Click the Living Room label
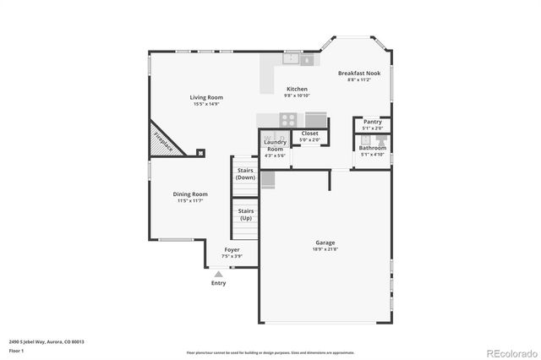[205, 97]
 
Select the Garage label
[325, 243]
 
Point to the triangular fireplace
[161, 142]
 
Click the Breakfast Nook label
[359, 74]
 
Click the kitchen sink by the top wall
[292, 59]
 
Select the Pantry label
[373, 122]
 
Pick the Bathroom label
[373, 148]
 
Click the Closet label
[309, 133]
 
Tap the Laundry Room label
[276, 145]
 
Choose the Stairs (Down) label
[245, 174]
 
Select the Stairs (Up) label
[245, 214]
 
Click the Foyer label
[231, 250]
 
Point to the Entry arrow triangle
[218, 274]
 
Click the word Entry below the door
[218, 283]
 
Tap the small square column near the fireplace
[200, 153]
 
